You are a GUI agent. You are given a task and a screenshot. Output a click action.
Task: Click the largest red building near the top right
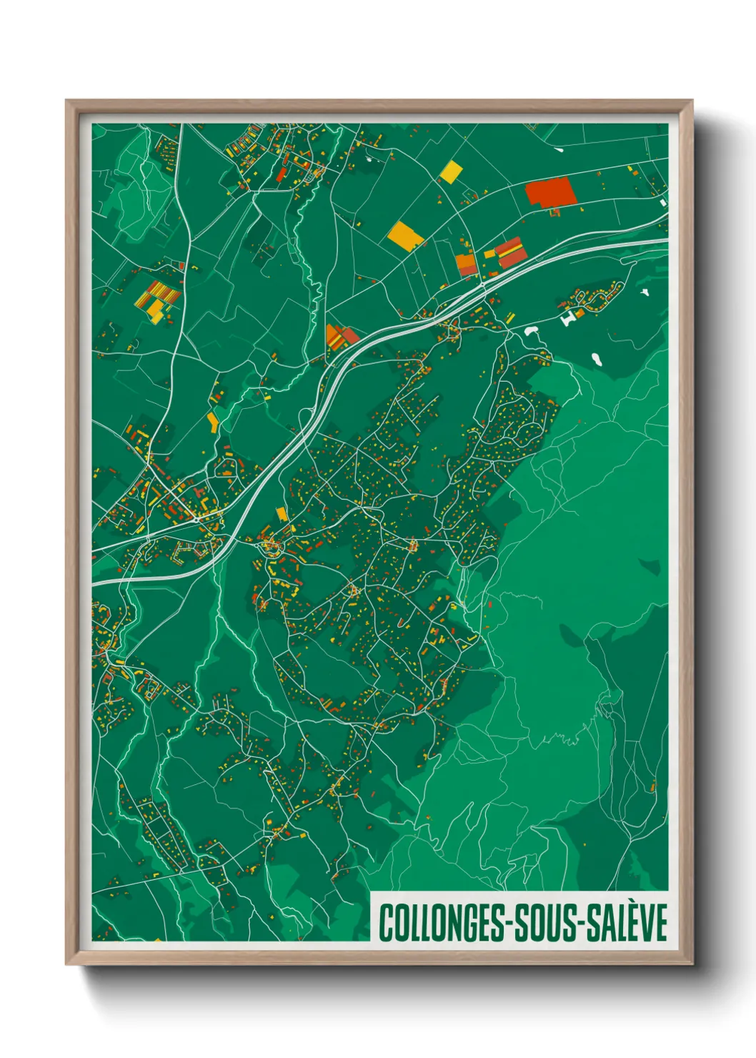(550, 193)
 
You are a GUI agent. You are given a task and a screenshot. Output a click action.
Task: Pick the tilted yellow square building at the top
(451, 171)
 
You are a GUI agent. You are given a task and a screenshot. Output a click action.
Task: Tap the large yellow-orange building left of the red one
(404, 235)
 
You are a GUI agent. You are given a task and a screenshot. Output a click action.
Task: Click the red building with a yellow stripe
(510, 252)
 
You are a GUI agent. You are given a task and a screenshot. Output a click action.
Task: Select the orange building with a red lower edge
(467, 264)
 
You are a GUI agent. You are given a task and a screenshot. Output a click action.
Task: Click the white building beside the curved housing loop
(570, 317)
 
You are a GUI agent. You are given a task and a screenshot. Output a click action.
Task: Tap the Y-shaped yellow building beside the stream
(213, 422)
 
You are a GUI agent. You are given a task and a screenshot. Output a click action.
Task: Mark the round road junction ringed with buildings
(272, 548)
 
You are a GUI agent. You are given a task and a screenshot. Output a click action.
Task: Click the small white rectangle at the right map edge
(663, 202)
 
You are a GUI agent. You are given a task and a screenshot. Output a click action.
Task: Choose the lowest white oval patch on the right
(597, 359)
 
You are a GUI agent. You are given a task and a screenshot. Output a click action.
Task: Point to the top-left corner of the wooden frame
(66, 101)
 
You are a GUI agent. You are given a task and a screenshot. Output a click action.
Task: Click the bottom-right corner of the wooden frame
(692, 964)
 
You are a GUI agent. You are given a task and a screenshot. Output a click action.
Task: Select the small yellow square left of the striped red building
(489, 253)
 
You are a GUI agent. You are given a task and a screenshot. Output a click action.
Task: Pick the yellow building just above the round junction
(282, 514)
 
